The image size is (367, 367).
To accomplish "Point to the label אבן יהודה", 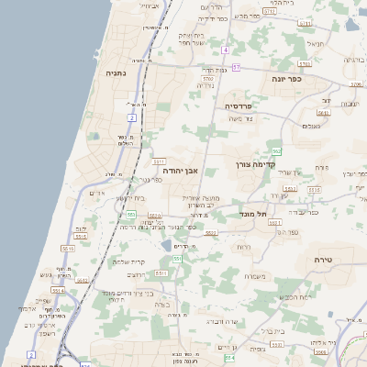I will [181, 171].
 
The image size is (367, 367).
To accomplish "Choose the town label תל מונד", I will [256, 214].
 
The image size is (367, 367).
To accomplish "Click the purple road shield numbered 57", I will [236, 67].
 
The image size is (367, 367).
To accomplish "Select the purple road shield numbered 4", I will [225, 50].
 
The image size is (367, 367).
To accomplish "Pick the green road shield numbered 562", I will [276, 150].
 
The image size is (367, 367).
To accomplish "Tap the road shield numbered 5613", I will [289, 189].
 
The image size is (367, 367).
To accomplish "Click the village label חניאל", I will [316, 43].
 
